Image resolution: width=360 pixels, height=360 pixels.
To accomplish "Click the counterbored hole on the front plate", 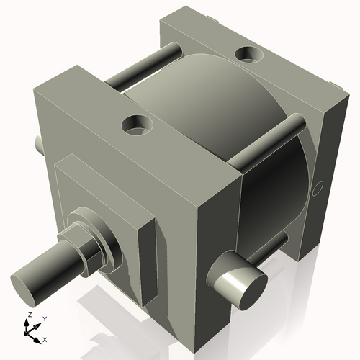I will point(137,125).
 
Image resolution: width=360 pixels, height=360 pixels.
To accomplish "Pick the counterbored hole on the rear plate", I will point(249,54).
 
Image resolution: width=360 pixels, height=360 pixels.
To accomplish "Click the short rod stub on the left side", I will point(38,145).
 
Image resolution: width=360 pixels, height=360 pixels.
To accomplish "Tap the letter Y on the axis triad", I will point(44,318).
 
